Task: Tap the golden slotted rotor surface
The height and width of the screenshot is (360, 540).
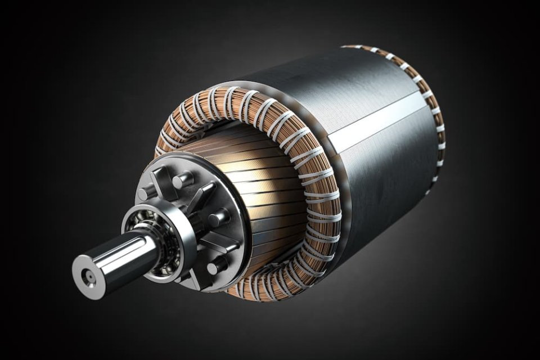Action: coord(270,191)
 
